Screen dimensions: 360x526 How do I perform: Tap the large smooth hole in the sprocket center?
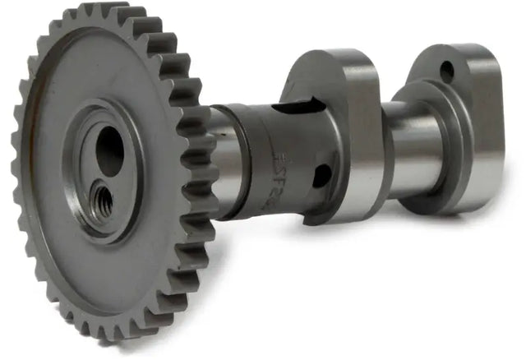(x=110, y=152)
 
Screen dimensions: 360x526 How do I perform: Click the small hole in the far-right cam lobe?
(x=447, y=72)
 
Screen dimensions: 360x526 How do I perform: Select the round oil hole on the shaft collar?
(x=322, y=175)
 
